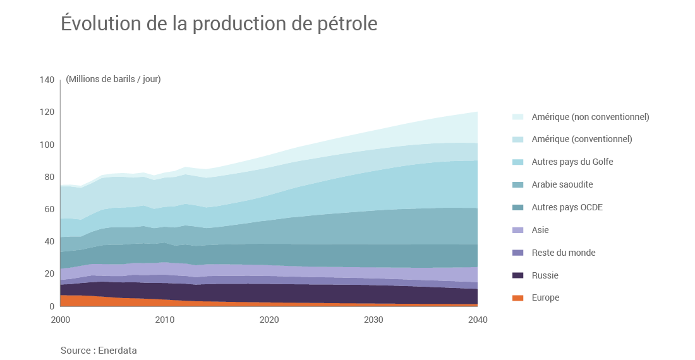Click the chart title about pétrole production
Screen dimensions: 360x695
[219, 23]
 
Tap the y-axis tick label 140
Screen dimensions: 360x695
[47, 80]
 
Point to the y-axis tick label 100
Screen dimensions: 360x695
[47, 145]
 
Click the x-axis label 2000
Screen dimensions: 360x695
[60, 320]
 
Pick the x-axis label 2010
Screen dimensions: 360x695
[165, 320]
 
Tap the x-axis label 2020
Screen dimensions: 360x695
[269, 320]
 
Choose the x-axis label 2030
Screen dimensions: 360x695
[373, 320]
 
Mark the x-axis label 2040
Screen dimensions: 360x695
[478, 320]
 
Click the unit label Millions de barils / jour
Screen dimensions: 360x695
[113, 79]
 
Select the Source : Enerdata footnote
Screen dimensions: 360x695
[99, 350]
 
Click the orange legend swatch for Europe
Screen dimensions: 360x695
[517, 298]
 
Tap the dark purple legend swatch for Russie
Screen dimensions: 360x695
[517, 275]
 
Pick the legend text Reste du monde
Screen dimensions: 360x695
[564, 253]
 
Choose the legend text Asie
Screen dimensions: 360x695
[540, 230]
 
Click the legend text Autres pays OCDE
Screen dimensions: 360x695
[566, 207]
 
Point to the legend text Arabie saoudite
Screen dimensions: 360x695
[562, 184]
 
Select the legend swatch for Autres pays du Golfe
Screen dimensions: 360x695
[517, 162]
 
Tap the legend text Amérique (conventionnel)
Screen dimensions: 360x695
[582, 139]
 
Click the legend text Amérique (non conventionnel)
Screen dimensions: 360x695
[590, 117]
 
